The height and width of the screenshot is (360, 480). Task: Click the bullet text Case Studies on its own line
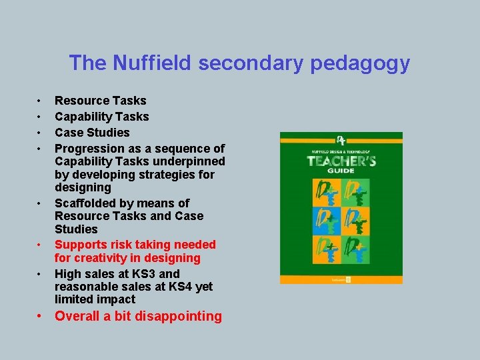[92, 132]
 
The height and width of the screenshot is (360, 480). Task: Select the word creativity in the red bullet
[107, 258]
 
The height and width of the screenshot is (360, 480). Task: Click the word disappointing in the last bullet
[180, 316]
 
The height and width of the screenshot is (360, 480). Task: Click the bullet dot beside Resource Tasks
[40, 101]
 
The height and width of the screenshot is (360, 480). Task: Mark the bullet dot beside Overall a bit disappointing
[40, 316]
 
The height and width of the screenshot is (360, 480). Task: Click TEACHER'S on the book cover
[341, 161]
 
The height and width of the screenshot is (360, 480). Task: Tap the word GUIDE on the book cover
[341, 171]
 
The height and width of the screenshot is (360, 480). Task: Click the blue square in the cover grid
[327, 219]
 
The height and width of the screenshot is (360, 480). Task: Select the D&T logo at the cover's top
[341, 141]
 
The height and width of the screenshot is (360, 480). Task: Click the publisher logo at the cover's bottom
[347, 279]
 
